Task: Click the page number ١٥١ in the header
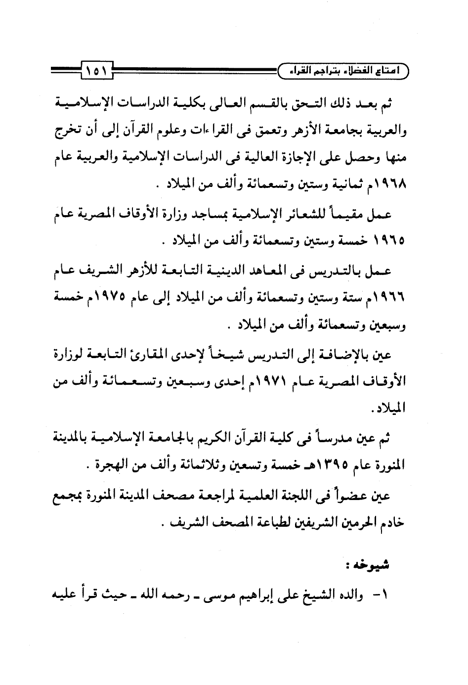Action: (94, 69)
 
